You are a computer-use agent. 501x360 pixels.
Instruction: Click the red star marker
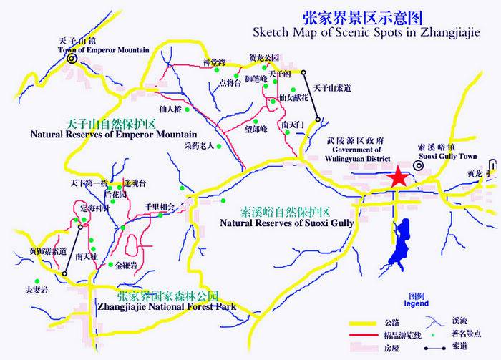pos(399,179)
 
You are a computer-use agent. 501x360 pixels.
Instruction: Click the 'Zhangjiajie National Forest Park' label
pos(166,306)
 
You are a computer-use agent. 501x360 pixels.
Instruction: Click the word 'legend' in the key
pos(416,304)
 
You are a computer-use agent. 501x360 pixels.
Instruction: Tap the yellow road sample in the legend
pos(365,323)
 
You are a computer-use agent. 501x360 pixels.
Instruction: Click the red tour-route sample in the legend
pos(365,336)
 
